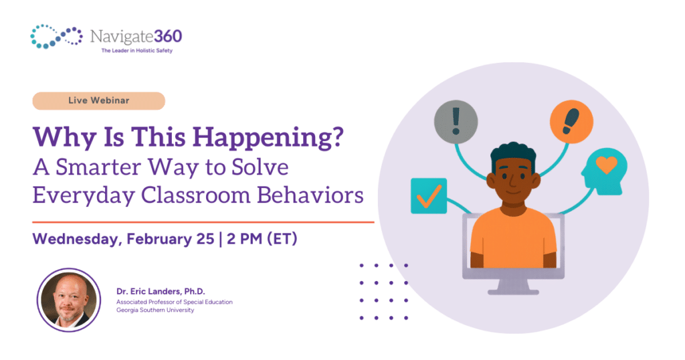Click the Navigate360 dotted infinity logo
(x=56, y=36)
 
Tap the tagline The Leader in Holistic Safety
(x=131, y=50)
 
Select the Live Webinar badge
(x=99, y=100)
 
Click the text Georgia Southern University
(x=155, y=310)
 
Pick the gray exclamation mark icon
(x=456, y=122)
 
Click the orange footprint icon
(x=571, y=122)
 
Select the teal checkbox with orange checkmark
(x=428, y=195)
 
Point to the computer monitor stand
(x=512, y=286)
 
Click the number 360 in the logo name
(x=163, y=35)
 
